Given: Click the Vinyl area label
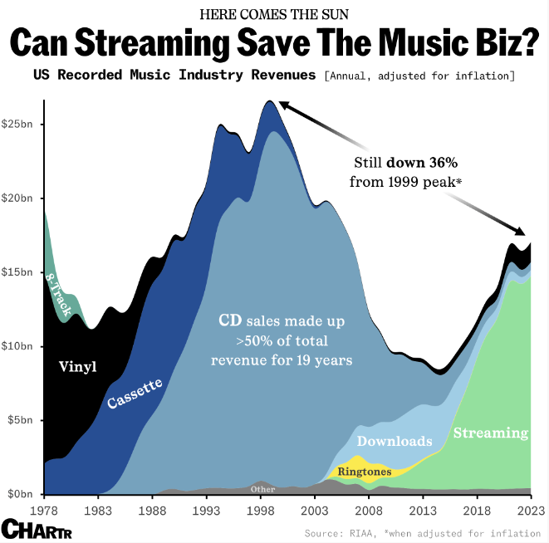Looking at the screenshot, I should coord(78,365).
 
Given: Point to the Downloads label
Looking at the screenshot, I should coord(395,441).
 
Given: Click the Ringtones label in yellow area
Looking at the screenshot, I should coord(365,472).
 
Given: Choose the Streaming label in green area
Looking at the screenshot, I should coord(490,433).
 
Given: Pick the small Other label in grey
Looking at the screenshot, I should coord(262,489).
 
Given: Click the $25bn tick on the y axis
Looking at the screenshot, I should coord(19,125).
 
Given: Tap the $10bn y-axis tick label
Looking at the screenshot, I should coord(19,346).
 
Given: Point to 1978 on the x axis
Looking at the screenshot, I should coord(44,509).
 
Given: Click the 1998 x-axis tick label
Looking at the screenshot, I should coord(261,509).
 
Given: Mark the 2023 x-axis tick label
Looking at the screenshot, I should coord(529,509).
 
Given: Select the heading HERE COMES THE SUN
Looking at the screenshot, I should coord(274,14).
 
